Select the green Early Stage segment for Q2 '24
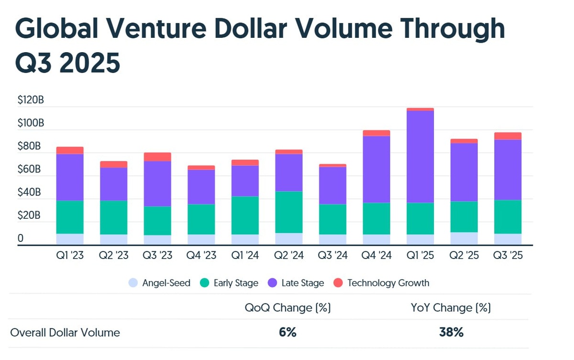(x=288, y=212)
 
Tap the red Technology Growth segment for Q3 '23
(x=157, y=157)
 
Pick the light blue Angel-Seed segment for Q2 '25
(x=464, y=238)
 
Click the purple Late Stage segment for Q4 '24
(x=376, y=169)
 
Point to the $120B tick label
(x=31, y=101)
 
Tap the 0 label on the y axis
(x=21, y=238)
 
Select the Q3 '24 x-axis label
(x=332, y=256)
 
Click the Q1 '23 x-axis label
(x=70, y=256)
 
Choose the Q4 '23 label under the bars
(x=201, y=256)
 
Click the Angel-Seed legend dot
(x=133, y=283)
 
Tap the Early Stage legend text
(x=236, y=283)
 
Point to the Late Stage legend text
(x=303, y=283)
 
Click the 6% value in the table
(x=288, y=332)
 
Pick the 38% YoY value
(x=451, y=332)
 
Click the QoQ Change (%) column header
(x=288, y=308)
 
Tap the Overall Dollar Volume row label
(x=65, y=332)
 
